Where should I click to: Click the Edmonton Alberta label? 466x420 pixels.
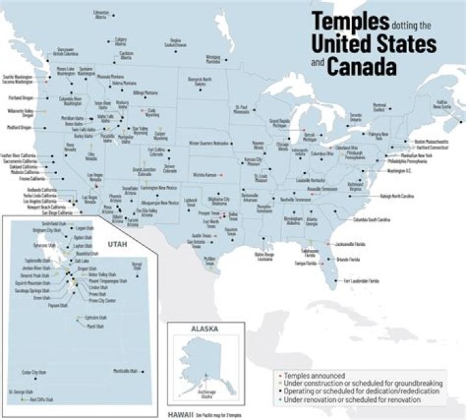101,14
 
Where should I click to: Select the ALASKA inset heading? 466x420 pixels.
205,329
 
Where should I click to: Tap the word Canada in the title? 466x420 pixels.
362,66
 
